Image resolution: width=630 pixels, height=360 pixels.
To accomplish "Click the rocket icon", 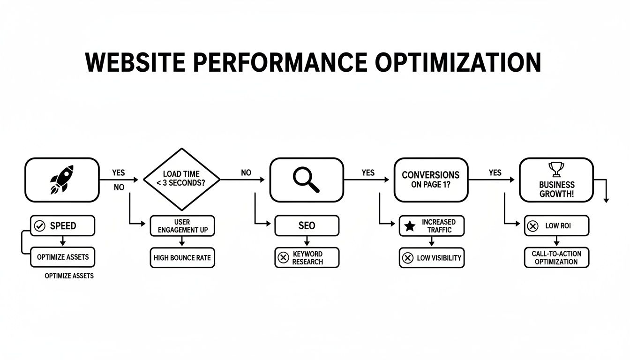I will [x=61, y=180].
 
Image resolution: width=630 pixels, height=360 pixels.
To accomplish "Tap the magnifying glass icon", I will [x=306, y=180].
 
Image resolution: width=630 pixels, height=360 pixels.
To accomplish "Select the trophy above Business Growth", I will [x=556, y=169].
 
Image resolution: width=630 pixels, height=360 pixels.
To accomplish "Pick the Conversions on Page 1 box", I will [x=431, y=180].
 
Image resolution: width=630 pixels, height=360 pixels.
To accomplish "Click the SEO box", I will [x=307, y=226].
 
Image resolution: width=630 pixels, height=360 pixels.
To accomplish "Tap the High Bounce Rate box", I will [x=182, y=258].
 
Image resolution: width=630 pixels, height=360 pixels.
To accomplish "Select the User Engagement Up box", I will [x=182, y=226].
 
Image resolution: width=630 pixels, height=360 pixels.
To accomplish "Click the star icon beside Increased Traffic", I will [x=410, y=226].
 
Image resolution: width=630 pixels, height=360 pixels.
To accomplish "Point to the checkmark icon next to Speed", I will [x=40, y=226].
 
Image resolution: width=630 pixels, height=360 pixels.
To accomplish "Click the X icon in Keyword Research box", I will [x=283, y=258].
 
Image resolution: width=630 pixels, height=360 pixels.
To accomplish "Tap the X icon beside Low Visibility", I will [x=408, y=258].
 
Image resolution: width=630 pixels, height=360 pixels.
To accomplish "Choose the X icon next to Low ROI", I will [x=532, y=226].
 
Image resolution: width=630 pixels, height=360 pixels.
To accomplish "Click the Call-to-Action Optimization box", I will [x=556, y=258].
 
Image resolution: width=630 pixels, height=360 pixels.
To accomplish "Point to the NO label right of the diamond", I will [x=246, y=172].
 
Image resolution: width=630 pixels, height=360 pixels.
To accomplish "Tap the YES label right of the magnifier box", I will [x=368, y=172].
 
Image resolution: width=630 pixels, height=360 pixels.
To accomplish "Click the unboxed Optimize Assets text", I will [x=69, y=276].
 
